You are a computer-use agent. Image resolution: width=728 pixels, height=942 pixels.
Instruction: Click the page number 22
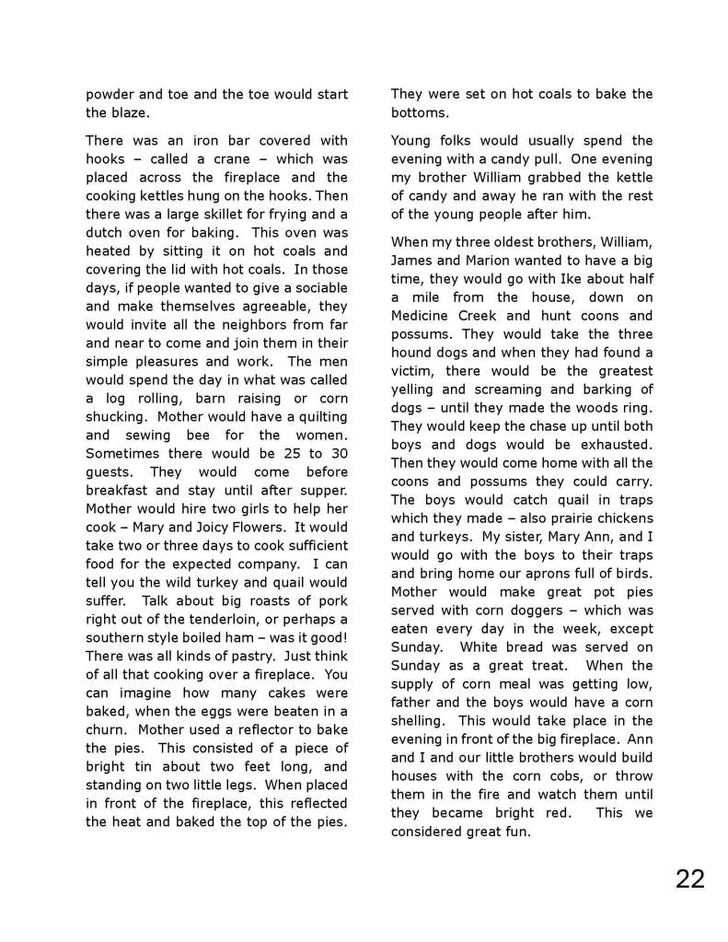[689, 878]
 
